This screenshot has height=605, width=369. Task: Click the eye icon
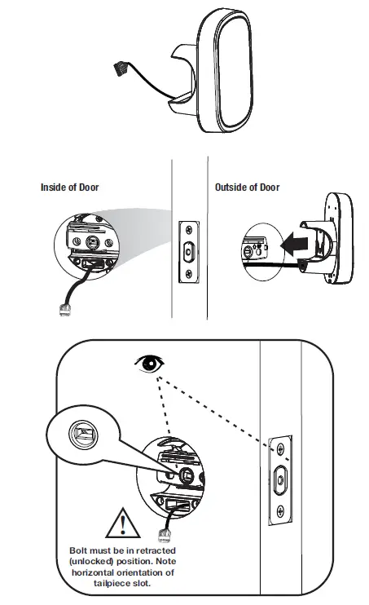coord(151,364)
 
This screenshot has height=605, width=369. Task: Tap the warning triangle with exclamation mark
coord(123,524)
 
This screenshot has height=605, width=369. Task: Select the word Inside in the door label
coord(54,188)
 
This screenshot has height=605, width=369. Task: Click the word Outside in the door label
coord(231,188)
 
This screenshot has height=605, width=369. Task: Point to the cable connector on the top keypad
coord(120,69)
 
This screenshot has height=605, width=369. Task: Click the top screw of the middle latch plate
coord(189,230)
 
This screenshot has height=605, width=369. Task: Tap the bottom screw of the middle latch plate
coord(189,274)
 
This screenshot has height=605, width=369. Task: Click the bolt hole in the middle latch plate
coord(188,252)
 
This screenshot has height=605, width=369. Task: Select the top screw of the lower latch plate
coord(281,448)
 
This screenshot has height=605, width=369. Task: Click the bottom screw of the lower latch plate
coord(280,511)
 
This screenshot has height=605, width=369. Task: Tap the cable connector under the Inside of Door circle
coord(65,310)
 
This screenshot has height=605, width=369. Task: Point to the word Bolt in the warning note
coord(79,550)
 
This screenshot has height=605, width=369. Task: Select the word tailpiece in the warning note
coord(112,583)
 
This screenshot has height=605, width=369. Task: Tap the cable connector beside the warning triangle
coord(164,536)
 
